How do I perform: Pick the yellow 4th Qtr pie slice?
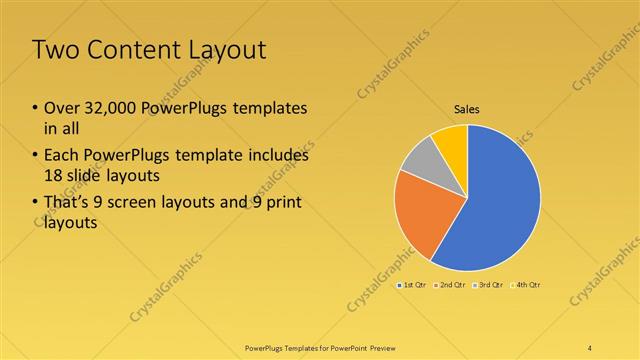click(x=452, y=141)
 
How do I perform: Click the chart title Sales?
click(x=467, y=109)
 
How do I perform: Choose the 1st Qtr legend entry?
click(x=414, y=285)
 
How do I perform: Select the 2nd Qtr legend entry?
click(x=452, y=285)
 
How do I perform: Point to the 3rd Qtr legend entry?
click(x=490, y=285)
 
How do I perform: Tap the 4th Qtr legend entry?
click(x=527, y=285)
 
